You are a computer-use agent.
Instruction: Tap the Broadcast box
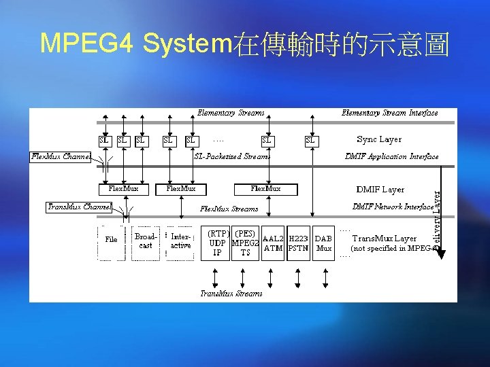pos(146,241)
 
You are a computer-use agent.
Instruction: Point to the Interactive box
pos(181,241)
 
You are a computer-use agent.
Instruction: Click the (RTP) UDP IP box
pos(218,243)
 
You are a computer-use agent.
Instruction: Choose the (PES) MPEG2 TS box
pos(245,243)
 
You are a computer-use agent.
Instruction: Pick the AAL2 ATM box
pos(273,243)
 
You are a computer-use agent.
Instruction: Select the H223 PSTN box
pos(298,243)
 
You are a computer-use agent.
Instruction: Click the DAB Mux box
pos(324,243)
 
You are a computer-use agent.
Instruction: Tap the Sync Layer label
pos(379,140)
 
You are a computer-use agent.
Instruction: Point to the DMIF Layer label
pos(380,190)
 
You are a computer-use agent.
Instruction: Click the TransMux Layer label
pos(385,239)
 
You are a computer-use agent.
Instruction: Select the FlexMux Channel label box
pos(61,157)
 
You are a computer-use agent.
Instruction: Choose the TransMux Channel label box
pos(79,207)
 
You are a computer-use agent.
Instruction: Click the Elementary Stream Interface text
pos(389,113)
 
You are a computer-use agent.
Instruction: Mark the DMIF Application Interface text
pos(391,157)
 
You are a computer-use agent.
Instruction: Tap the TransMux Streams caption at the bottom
pos(231,294)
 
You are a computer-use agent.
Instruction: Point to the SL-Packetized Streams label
pos(232,157)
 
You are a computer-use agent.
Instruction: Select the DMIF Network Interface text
pos(393,207)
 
